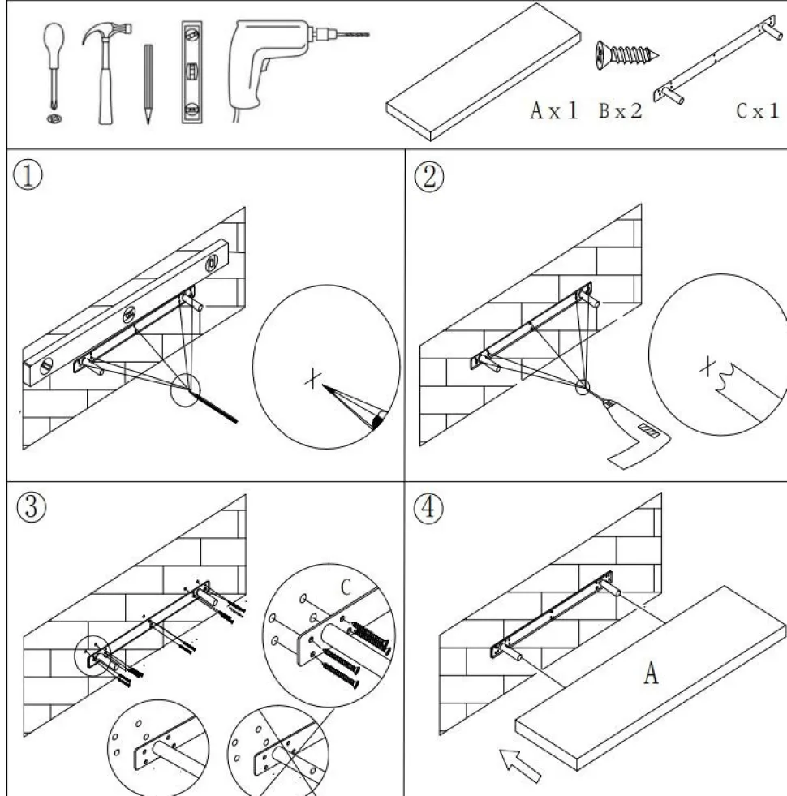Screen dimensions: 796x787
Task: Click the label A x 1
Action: point(554,111)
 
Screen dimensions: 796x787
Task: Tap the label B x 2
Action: point(621,111)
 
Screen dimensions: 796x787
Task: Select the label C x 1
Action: point(756,111)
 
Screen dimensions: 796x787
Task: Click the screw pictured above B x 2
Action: point(626,54)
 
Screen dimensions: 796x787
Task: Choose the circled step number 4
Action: point(429,509)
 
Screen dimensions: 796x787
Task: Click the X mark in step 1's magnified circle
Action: point(312,377)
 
